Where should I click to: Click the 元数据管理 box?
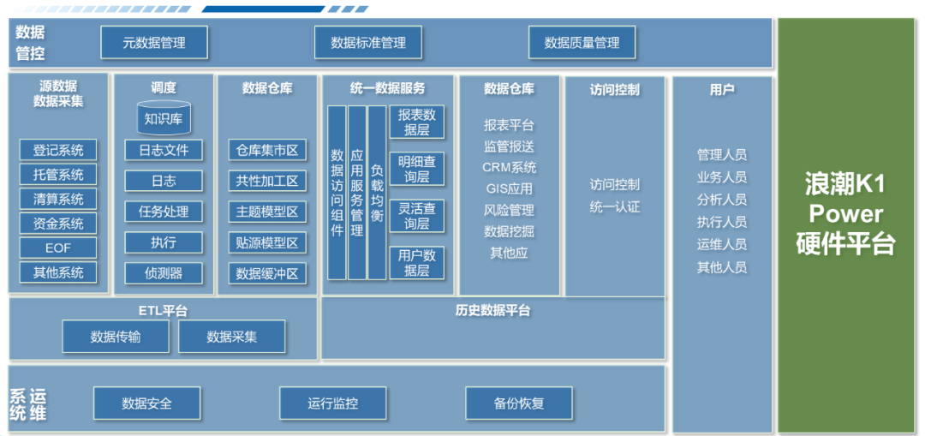click(154, 43)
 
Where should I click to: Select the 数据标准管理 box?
click(368, 43)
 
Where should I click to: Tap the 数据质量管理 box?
click(582, 43)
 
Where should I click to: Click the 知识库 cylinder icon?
click(163, 118)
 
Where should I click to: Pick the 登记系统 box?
click(58, 151)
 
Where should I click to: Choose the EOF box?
click(58, 248)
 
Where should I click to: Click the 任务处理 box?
click(163, 212)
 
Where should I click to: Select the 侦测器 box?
click(163, 273)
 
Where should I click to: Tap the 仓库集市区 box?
click(267, 151)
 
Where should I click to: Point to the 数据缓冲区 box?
click(267, 274)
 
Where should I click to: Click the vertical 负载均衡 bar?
click(377, 192)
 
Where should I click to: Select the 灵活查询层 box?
click(417, 216)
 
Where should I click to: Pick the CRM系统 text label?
click(510, 168)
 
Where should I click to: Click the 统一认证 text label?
click(615, 207)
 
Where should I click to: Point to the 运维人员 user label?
click(722, 244)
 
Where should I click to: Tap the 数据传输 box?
click(116, 337)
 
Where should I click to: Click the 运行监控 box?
click(333, 403)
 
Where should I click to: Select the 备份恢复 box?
click(519, 403)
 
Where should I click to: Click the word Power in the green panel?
click(846, 212)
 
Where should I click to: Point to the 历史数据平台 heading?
click(492, 310)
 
